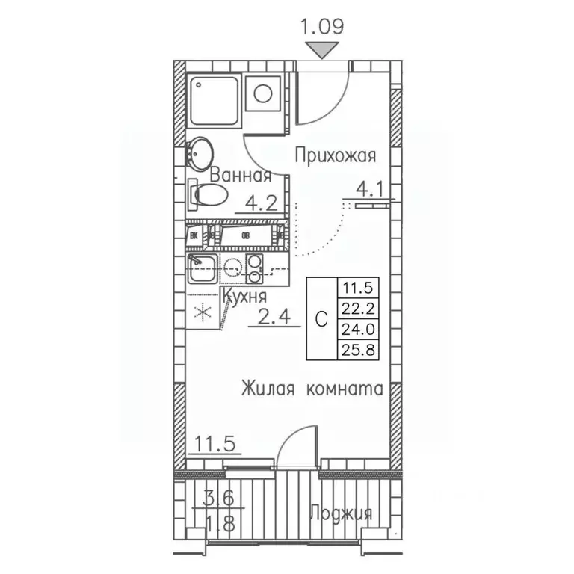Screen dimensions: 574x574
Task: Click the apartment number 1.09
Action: point(322,28)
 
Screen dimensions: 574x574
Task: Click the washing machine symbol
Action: point(264,94)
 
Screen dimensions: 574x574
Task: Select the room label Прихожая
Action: point(334,155)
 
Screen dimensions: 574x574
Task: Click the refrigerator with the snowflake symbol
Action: point(201,312)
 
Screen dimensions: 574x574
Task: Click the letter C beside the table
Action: point(321,318)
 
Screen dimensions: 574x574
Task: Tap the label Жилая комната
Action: point(312,389)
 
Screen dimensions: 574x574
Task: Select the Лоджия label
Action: point(341,513)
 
